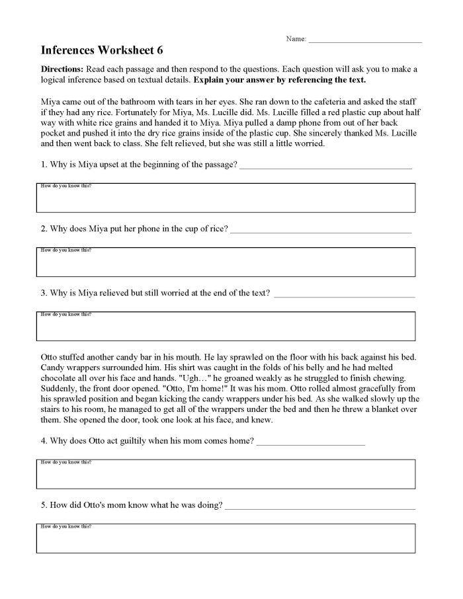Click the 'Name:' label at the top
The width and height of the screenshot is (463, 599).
(x=296, y=39)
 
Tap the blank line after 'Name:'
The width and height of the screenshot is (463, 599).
(x=365, y=41)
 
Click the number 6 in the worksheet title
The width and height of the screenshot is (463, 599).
(x=159, y=50)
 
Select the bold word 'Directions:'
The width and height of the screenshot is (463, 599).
(x=62, y=69)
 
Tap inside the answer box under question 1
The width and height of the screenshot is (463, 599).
(x=226, y=199)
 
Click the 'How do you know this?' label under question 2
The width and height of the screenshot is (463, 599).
(x=66, y=251)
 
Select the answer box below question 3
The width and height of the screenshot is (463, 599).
(x=226, y=327)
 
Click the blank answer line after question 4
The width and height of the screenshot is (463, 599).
(x=310, y=443)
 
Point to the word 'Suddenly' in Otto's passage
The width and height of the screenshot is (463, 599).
(x=58, y=389)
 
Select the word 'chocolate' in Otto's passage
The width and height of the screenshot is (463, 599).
(x=60, y=378)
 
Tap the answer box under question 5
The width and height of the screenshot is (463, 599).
(x=226, y=539)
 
